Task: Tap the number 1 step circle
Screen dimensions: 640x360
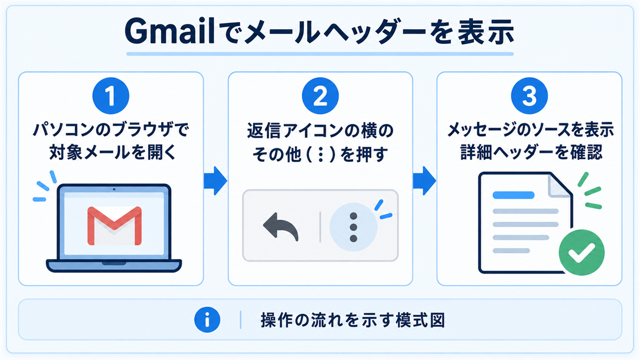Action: coord(111,95)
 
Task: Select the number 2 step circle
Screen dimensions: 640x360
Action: coord(321,95)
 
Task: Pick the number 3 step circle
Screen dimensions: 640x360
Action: coord(530,95)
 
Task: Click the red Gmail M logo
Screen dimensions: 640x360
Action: coord(114,226)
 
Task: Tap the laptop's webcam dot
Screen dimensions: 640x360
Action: coord(114,189)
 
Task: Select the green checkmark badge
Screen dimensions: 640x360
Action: coord(581,253)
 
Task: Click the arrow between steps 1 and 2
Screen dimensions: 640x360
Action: coord(215,181)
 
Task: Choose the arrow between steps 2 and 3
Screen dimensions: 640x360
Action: coord(425,181)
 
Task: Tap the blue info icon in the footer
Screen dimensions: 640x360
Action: coord(207,319)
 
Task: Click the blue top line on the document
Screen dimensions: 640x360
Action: coord(514,195)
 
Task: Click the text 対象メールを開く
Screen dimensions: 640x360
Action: coord(113,153)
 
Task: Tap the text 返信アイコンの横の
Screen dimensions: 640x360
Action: coord(321,131)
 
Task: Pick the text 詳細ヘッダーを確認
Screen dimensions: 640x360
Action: coord(531,153)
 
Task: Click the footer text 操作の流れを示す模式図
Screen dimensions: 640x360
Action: coord(353,321)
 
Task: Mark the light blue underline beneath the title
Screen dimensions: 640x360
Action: coord(320,54)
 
